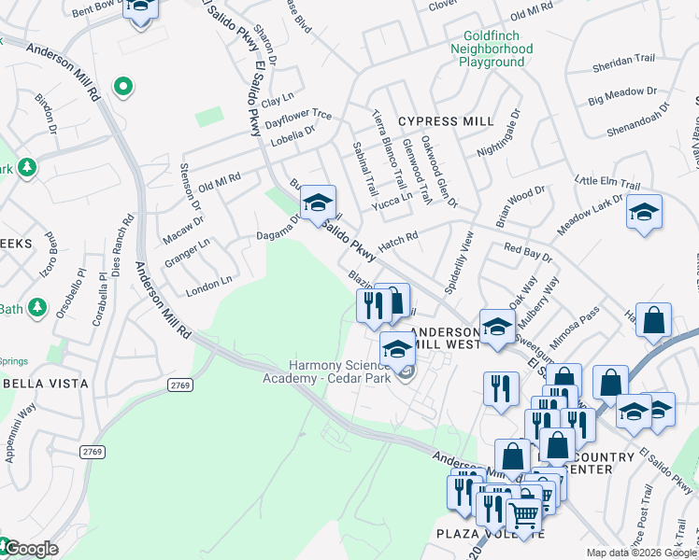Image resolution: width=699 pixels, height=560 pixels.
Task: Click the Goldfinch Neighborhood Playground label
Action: coord(492,49)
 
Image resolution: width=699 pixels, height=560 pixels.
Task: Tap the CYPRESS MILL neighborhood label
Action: coord(445,121)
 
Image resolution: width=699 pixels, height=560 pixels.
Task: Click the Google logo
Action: coord(30,549)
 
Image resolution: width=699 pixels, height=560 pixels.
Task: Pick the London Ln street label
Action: coord(208,282)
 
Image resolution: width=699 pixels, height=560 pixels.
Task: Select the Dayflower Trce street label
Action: coord(298,118)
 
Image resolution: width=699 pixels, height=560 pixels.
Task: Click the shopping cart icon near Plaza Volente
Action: coord(524,512)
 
